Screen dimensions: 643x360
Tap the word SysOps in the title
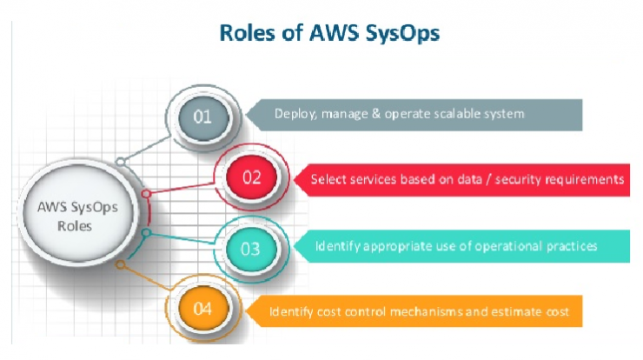pyautogui.click(x=402, y=34)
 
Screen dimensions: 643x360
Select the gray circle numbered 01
pyautogui.click(x=203, y=117)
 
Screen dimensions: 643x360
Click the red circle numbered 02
pyautogui.click(x=251, y=177)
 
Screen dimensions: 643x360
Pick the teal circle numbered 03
pyautogui.click(x=251, y=249)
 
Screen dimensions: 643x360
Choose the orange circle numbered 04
pyautogui.click(x=203, y=309)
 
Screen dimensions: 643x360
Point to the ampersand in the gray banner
pyautogui.click(x=376, y=114)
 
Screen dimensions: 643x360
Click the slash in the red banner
pyautogui.click(x=488, y=179)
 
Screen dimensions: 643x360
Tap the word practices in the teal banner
pyautogui.click(x=572, y=246)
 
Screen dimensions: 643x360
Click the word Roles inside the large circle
pyautogui.click(x=75, y=226)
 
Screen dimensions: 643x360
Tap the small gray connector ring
pyautogui.click(x=120, y=162)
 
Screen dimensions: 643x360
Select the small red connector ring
pyautogui.click(x=146, y=193)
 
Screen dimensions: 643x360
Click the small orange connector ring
pyautogui.click(x=120, y=264)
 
